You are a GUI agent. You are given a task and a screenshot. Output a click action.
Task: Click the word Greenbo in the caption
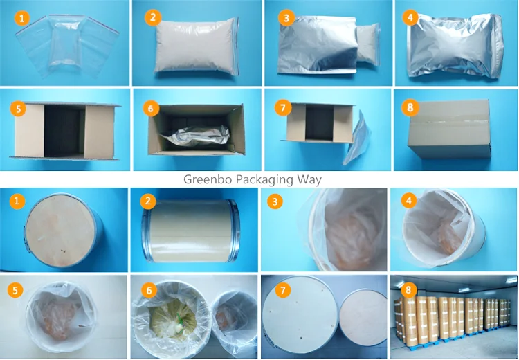coord(206,179)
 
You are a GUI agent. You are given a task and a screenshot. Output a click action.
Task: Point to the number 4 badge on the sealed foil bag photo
coord(410,18)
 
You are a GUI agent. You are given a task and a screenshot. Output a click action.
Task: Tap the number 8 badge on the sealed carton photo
coord(410,108)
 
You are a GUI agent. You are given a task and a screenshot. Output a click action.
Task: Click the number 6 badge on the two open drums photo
coord(149,291)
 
